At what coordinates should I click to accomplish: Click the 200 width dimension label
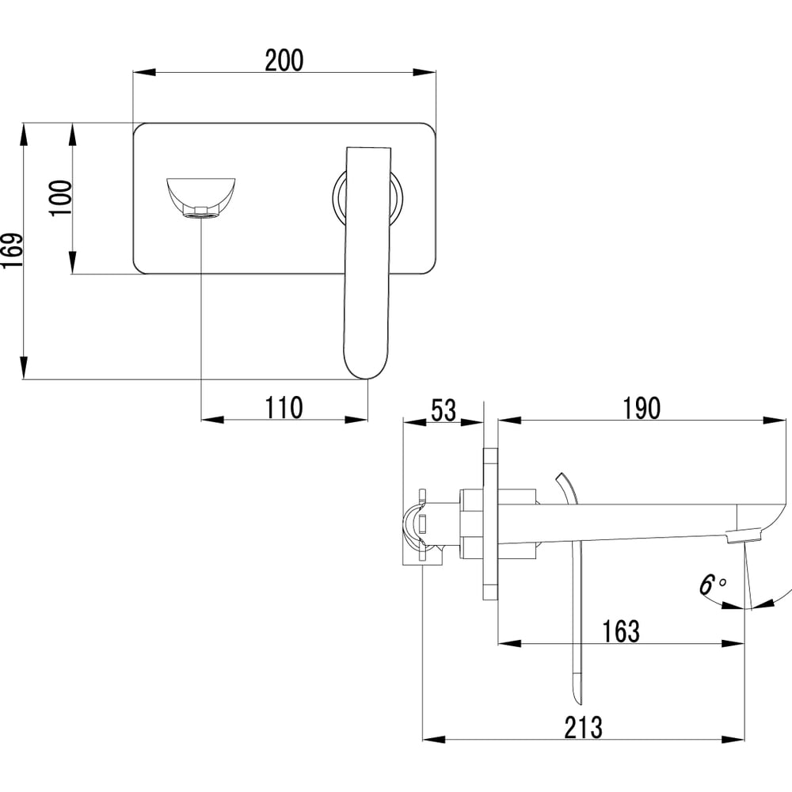(284, 60)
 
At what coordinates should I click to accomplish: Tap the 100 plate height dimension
(62, 197)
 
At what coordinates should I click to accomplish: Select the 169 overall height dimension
(12, 250)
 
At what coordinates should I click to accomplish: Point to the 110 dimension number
(284, 408)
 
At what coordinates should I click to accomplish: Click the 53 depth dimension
(444, 409)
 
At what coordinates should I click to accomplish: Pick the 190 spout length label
(641, 408)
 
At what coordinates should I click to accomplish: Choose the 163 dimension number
(621, 631)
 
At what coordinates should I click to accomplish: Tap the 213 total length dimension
(584, 727)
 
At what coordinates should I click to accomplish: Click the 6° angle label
(712, 584)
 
